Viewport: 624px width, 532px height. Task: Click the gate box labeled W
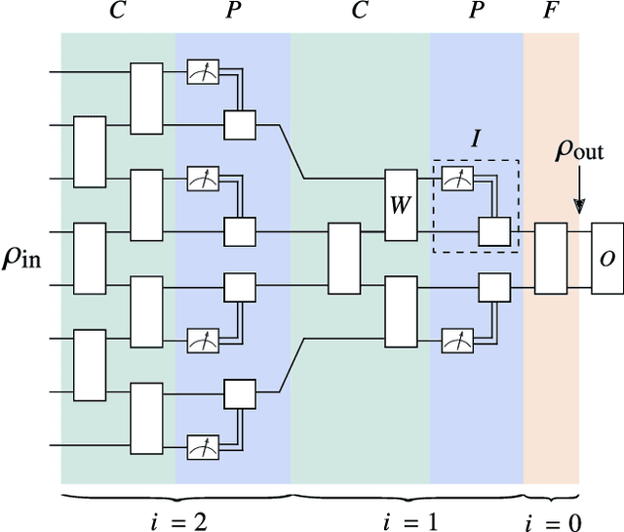pos(401,205)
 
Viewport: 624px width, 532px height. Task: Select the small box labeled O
pos(605,260)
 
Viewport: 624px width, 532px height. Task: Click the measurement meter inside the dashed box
pos(455,179)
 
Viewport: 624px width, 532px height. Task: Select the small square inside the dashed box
pos(494,232)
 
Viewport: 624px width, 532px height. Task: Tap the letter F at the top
pos(551,13)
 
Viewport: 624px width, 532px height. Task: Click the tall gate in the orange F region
pos(551,259)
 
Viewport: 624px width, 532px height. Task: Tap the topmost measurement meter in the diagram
pos(203,71)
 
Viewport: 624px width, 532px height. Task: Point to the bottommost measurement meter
pos(203,447)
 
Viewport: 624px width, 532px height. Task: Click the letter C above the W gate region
pos(360,13)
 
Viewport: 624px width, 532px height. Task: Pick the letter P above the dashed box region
pos(476,13)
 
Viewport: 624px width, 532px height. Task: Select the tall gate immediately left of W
pos(343,259)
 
